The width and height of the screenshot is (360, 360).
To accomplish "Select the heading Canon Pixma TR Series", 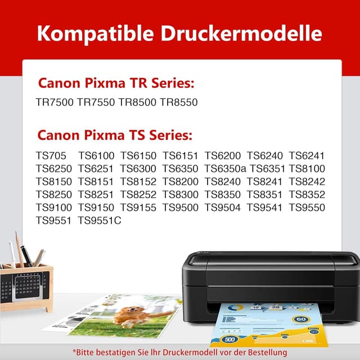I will (116, 83).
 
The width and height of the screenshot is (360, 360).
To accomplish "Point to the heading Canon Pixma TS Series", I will (115, 136).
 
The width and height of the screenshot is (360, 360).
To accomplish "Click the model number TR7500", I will (55, 102).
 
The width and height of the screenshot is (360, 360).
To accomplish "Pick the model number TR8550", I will (178, 102).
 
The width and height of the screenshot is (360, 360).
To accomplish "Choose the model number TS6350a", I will (226, 169).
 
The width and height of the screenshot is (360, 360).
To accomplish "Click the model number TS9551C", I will (100, 220).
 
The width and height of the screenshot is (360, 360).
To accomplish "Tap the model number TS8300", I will (181, 195).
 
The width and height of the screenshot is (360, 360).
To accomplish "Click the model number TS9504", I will (223, 208).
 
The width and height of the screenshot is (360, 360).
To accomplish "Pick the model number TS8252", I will (138, 195).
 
